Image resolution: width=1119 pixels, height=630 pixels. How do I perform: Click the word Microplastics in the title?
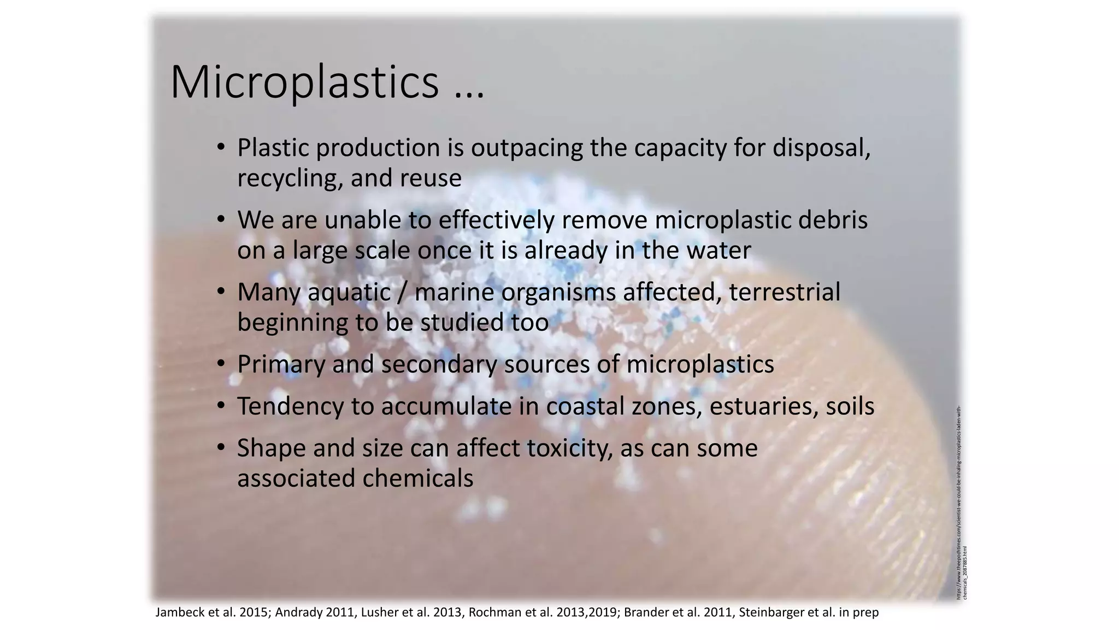[x=304, y=83]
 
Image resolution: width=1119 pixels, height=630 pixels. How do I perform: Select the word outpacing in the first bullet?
[x=527, y=148]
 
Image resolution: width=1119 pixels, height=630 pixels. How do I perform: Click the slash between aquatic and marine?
[x=403, y=292]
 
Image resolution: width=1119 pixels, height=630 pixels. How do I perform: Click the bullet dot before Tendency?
[x=221, y=406]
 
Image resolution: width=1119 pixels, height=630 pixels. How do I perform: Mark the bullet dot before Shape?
[x=221, y=448]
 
